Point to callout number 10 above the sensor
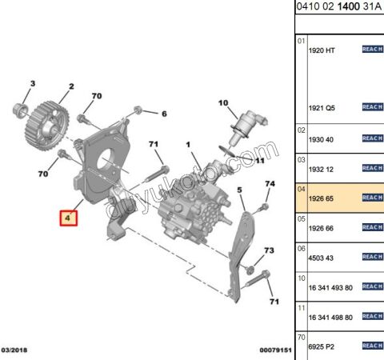point(223,102)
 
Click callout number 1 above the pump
point(190,146)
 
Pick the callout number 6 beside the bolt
point(164,114)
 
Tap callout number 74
point(269,184)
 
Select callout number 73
point(269,251)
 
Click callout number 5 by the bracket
point(238,190)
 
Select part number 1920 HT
point(322,50)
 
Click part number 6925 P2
point(321,345)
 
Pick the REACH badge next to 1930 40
point(372,138)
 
